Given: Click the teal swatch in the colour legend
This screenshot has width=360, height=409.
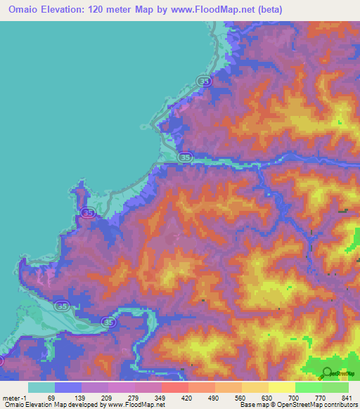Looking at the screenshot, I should click(41, 387).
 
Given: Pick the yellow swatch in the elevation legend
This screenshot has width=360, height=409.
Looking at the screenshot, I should click(282, 387).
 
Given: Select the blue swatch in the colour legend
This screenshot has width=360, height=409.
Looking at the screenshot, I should click(68, 387).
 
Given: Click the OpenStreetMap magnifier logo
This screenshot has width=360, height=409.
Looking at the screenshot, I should click(327, 373).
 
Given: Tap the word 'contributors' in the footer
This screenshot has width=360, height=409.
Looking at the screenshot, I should click(338, 405).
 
